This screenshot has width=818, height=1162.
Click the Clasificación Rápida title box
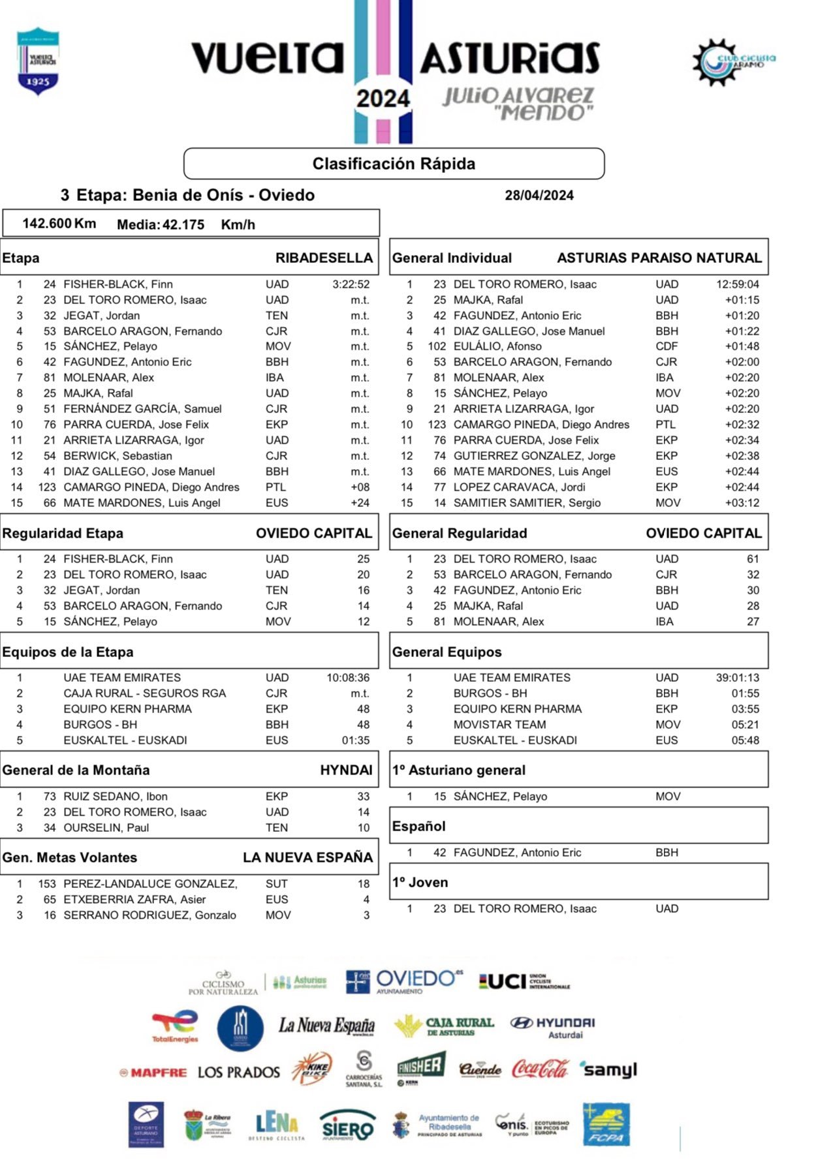tap(394, 163)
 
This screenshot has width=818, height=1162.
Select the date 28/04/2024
tap(539, 195)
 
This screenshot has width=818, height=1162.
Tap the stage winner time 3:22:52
tap(351, 284)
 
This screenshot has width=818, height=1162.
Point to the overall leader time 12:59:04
tap(737, 284)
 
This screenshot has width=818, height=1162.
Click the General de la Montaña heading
tap(76, 770)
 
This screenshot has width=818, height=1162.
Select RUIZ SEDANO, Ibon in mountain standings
tap(115, 797)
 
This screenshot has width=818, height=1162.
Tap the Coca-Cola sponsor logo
tap(540, 1069)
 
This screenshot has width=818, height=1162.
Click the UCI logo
tap(524, 981)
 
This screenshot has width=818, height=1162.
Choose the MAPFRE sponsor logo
tap(153, 1072)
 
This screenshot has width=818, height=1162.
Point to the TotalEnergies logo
tap(175, 1026)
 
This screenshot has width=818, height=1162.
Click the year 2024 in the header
tap(383, 99)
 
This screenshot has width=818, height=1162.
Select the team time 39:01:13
tap(737, 678)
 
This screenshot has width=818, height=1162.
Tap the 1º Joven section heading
tap(420, 882)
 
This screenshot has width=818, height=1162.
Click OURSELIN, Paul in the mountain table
tap(106, 828)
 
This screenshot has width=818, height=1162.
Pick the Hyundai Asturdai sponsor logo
tap(552, 1026)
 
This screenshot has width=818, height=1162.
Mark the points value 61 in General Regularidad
tap(753, 559)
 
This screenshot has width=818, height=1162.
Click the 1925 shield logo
tap(38, 62)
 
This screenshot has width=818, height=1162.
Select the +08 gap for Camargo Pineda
tap(360, 487)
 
